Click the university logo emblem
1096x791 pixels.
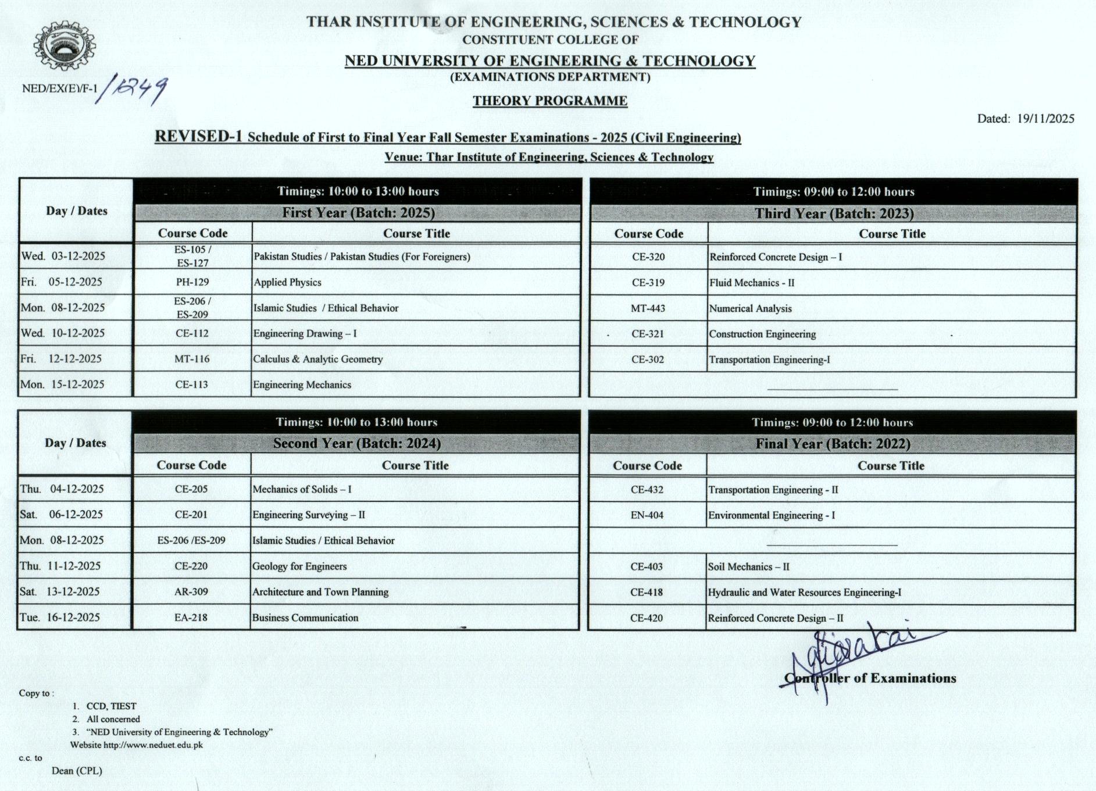click(x=65, y=47)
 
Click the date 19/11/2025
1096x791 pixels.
click(x=1045, y=119)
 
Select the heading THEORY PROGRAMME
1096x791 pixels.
click(x=549, y=101)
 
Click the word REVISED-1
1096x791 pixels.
click(x=198, y=137)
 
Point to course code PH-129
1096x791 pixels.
click(x=192, y=282)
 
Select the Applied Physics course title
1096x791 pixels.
click(x=287, y=282)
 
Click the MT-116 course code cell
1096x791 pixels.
click(x=192, y=359)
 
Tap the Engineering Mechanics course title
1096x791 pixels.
click(x=302, y=385)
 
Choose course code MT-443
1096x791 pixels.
click(x=648, y=308)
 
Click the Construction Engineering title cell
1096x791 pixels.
click(x=762, y=334)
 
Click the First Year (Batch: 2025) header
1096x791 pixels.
click(x=358, y=213)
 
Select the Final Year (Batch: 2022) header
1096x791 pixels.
click(x=833, y=444)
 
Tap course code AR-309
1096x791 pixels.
click(x=191, y=592)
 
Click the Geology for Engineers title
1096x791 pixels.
click(x=299, y=566)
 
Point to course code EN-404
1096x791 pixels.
click(x=647, y=515)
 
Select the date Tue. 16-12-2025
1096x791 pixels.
click(x=60, y=618)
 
